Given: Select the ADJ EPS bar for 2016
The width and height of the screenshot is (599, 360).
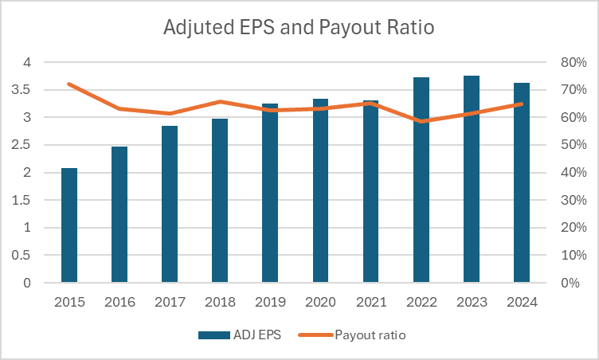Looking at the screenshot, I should (x=119, y=215).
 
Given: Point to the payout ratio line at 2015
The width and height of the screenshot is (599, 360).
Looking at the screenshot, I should (x=69, y=84).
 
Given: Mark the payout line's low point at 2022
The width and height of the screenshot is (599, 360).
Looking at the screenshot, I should (x=421, y=121).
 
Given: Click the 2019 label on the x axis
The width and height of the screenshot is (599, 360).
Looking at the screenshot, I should (x=270, y=303).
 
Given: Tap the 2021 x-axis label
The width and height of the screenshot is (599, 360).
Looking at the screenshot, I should (x=371, y=303).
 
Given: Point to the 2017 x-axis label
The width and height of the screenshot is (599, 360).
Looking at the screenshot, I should (x=170, y=303).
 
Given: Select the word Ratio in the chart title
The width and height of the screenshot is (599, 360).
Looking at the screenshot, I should (x=411, y=29).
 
